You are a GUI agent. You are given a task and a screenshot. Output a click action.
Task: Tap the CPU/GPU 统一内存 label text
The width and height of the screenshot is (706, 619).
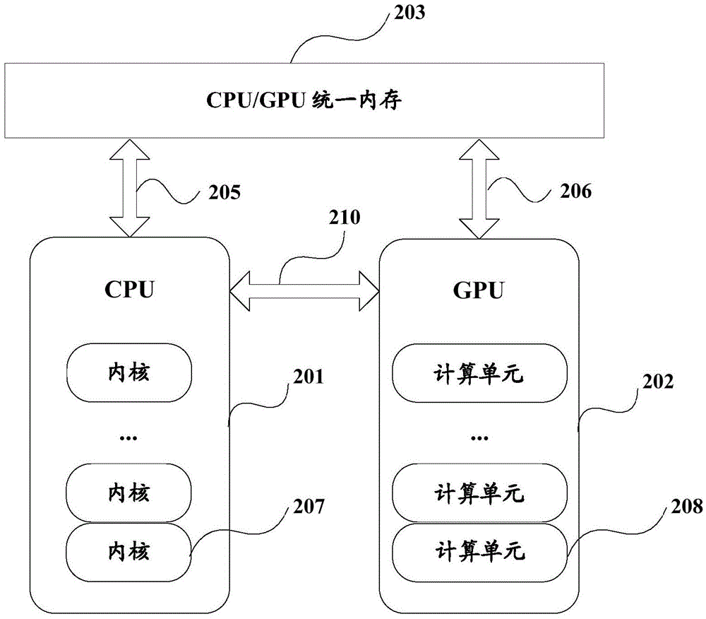[304, 100]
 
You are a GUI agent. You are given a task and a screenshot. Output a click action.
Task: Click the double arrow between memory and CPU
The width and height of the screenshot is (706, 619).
[129, 187]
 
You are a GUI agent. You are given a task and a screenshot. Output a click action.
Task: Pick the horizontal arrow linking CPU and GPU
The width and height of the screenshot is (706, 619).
[305, 290]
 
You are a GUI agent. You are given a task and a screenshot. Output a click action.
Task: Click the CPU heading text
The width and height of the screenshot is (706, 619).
[129, 290]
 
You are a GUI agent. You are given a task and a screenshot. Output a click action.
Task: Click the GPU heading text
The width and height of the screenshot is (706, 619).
[479, 290]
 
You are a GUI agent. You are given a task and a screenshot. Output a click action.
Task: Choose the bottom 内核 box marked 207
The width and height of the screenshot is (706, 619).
[129, 549]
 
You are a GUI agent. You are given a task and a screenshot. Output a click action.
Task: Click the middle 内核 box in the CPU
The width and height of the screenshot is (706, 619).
[129, 493]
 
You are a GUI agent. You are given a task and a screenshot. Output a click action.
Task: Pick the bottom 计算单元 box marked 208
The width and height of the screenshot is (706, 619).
[479, 549]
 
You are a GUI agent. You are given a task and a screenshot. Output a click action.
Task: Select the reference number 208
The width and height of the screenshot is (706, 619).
[687, 506]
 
